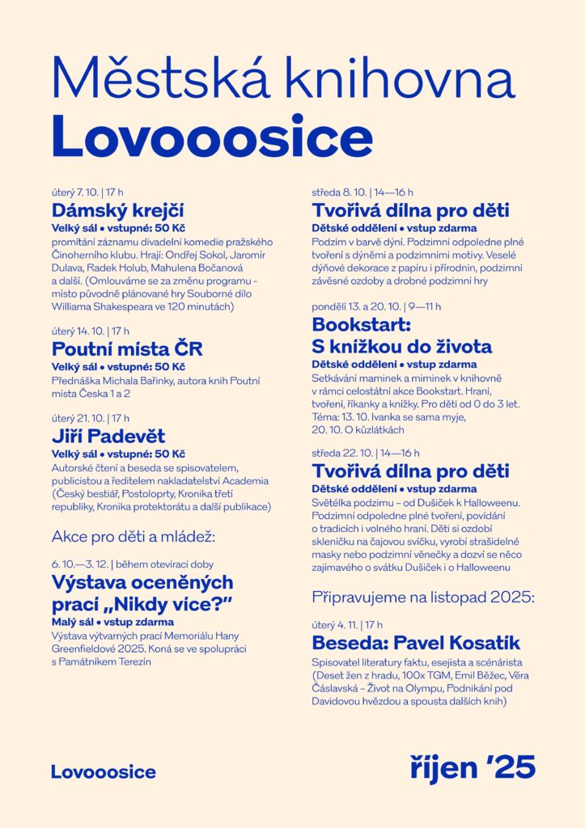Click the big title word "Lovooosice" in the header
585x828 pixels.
pos(212,138)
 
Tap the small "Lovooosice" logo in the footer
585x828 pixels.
pos(104,771)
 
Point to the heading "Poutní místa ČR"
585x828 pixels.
pos(127,349)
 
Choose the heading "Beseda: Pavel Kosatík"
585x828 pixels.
pos(416,644)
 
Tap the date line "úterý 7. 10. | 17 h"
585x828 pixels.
pos(87,192)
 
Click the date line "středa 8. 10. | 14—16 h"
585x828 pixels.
pos(362,192)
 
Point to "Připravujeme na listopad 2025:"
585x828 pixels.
pos(423,598)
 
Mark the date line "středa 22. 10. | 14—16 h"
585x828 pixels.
pos(366,453)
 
